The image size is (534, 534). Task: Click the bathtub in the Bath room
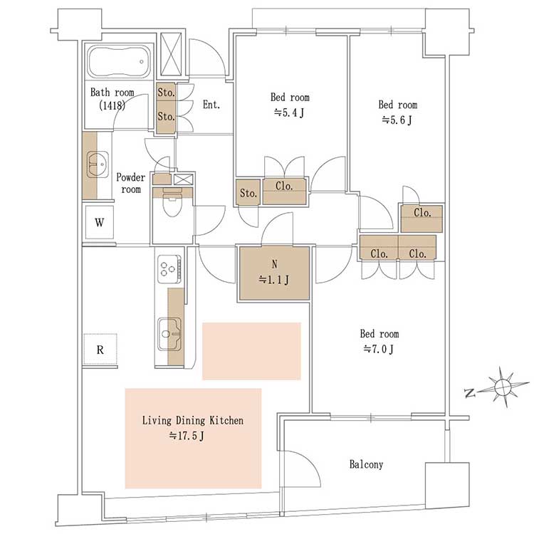tap(120, 63)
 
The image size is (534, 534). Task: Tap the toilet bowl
tap(172, 204)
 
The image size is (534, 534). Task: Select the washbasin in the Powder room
tap(98, 164)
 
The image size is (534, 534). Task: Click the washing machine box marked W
tap(99, 223)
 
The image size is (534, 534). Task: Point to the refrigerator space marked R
tap(100, 350)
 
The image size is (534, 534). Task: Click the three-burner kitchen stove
tap(169, 268)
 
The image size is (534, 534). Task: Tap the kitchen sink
tap(169, 334)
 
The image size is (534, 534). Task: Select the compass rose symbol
tap(503, 387)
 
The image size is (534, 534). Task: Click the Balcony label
tap(366, 464)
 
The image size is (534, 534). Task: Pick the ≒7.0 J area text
tap(379, 349)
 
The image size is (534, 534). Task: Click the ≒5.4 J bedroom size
tap(289, 112)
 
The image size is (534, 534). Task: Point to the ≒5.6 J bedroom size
tap(397, 120)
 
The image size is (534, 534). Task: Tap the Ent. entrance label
tap(211, 105)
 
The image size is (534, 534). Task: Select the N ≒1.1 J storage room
tap(275, 273)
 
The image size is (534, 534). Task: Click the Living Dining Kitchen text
tap(193, 421)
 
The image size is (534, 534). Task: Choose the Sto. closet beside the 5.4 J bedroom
tap(248, 193)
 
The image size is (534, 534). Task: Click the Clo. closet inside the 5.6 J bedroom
tap(422, 219)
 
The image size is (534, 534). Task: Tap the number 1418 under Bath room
tap(112, 105)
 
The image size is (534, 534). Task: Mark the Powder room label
tap(131, 183)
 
